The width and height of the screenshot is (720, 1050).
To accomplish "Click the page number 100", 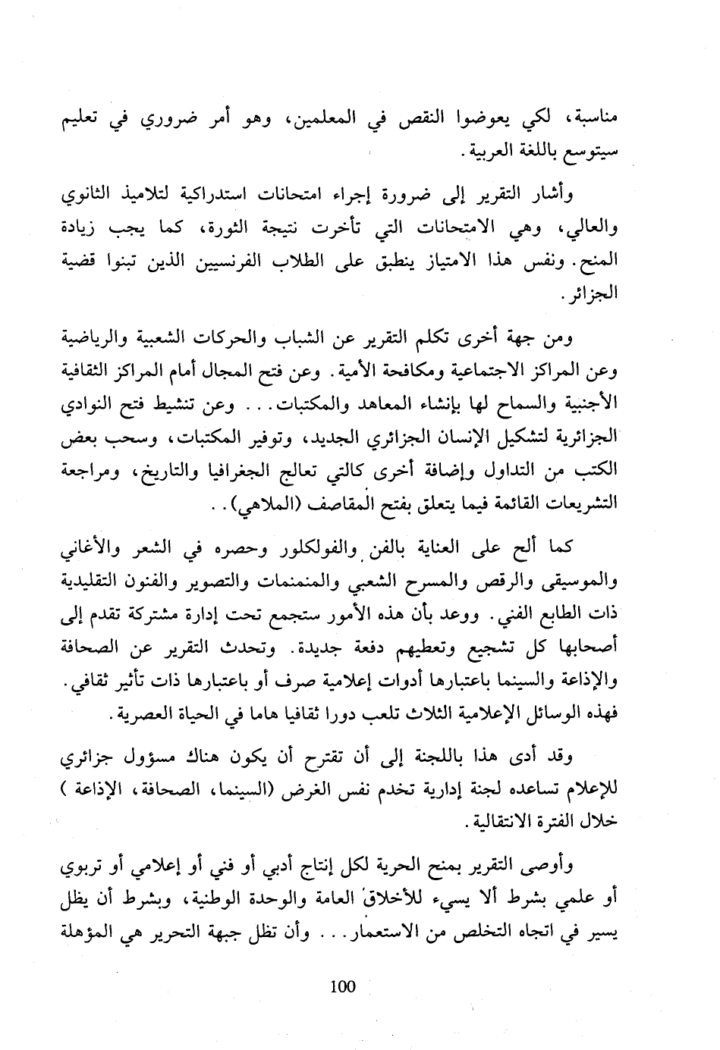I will tap(343, 986).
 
